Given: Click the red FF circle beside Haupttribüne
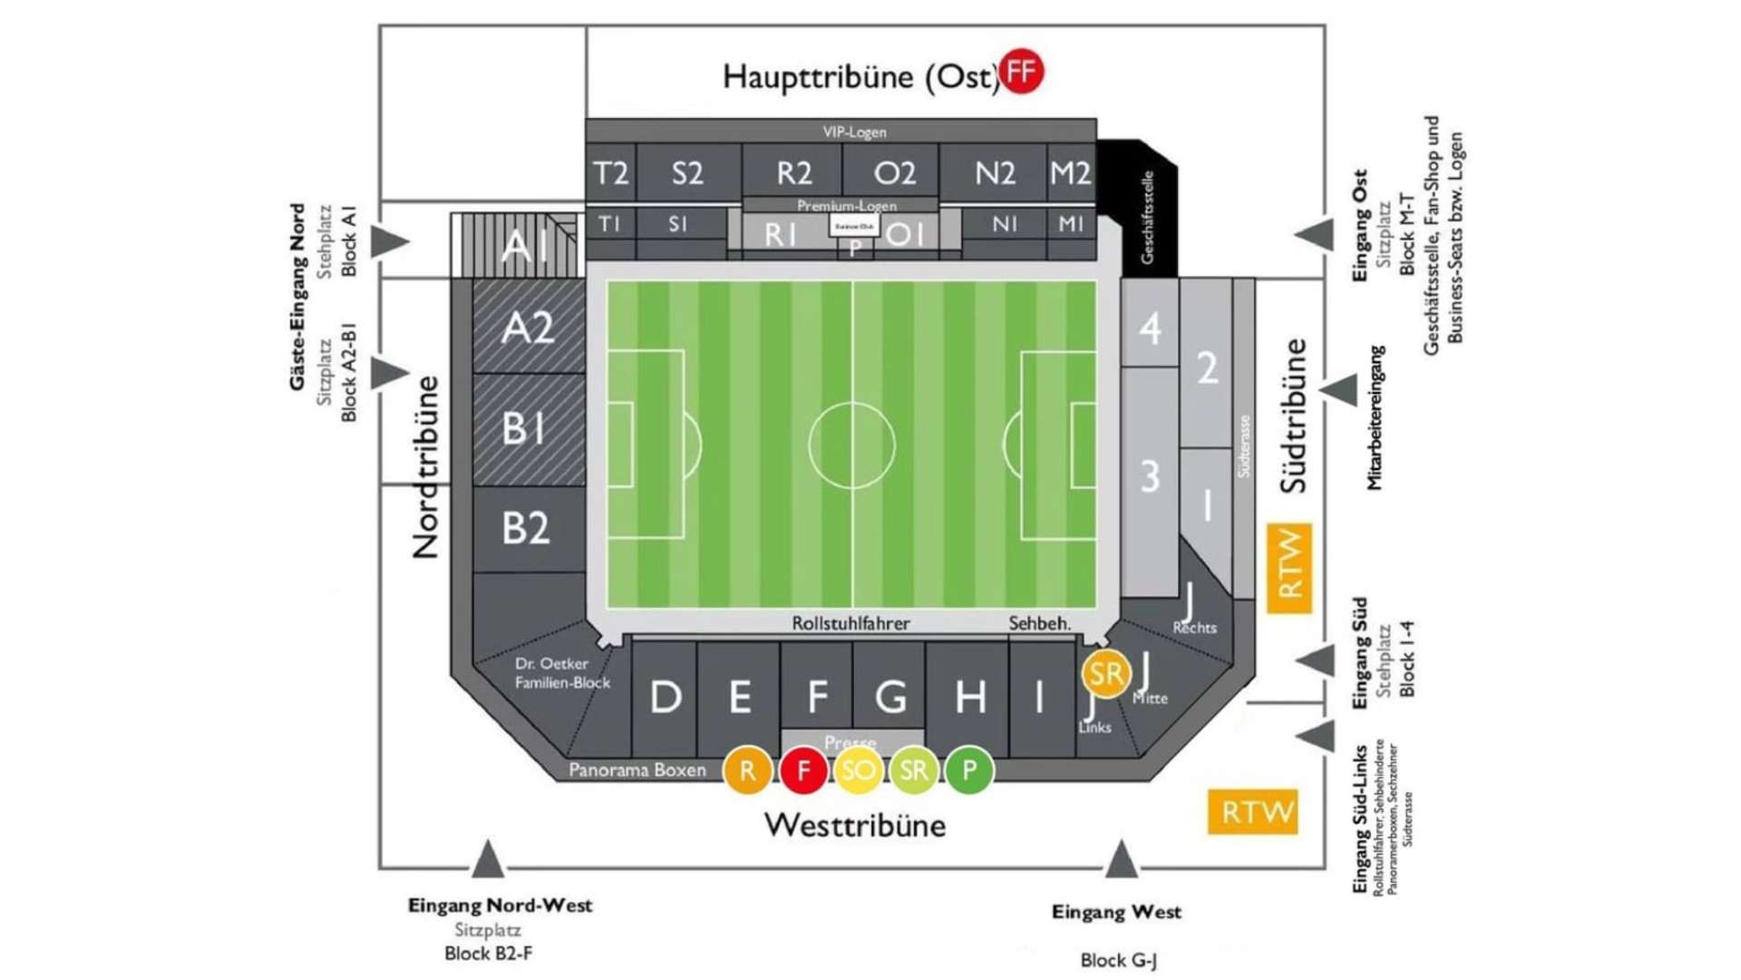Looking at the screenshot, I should (x=1021, y=72).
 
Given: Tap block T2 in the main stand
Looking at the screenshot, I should (x=610, y=172).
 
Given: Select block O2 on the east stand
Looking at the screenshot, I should (x=894, y=172).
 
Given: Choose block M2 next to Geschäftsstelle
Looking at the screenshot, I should (x=1070, y=172).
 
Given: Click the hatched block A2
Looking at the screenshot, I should (x=528, y=328).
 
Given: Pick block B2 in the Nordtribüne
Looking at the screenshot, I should (x=526, y=528).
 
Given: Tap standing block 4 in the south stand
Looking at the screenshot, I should (x=1150, y=328).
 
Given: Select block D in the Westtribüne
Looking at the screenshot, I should (x=666, y=697).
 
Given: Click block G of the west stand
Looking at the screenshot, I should (x=890, y=697).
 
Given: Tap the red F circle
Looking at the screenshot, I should (x=802, y=770).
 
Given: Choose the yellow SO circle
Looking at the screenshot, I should (x=858, y=770).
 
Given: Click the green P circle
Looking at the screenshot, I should (x=969, y=770).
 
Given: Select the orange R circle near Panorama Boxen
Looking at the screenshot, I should (x=747, y=770).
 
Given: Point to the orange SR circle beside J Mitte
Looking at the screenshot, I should (x=1105, y=673).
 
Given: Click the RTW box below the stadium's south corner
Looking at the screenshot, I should (x=1253, y=811).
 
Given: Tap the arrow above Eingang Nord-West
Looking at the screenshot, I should (x=488, y=860).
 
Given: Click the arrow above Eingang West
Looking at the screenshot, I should (x=1121, y=860).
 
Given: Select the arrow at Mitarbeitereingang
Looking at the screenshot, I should (x=1339, y=390).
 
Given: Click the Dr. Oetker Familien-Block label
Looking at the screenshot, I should (x=562, y=673).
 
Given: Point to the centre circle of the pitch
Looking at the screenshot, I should (x=851, y=446).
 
